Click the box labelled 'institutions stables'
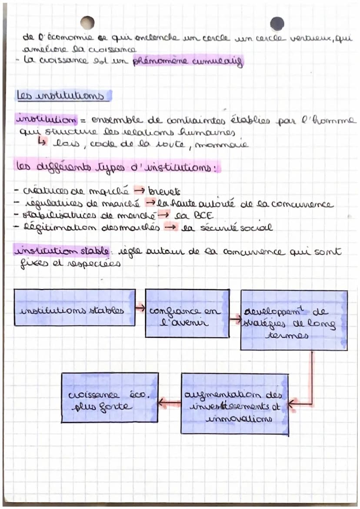(x=74, y=307)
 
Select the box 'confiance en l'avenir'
(x=187, y=313)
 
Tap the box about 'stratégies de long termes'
(x=294, y=320)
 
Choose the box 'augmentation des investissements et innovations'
(x=235, y=403)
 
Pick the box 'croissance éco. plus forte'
(x=110, y=397)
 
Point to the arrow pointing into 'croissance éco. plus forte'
(x=170, y=403)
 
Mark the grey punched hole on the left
(x=87, y=23)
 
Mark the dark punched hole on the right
(x=277, y=23)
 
